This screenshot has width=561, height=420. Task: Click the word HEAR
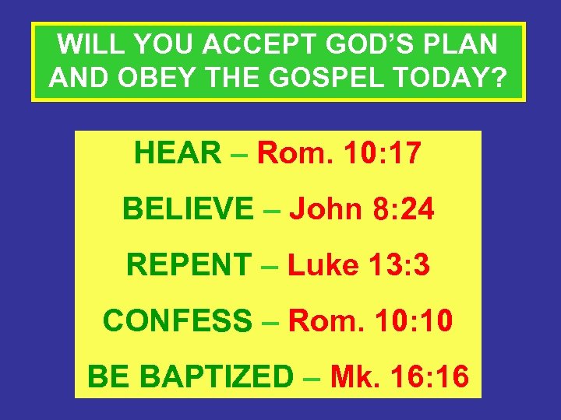coord(178,153)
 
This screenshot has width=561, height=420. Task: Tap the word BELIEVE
coord(187,208)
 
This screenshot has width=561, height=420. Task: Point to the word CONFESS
coord(178,320)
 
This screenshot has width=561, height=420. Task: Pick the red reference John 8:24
coord(362,208)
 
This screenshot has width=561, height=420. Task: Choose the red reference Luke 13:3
coord(358,264)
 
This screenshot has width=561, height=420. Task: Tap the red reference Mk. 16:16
coord(399,376)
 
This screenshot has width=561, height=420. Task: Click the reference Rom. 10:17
coord(339,153)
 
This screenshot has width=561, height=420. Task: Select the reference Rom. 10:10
coord(370,320)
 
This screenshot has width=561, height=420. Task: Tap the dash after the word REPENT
coord(270,266)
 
